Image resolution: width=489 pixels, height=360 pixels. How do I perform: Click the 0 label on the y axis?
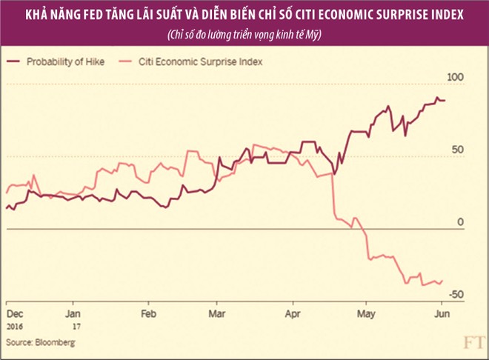pos(459,222)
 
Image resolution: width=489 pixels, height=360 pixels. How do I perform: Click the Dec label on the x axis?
pos(14,313)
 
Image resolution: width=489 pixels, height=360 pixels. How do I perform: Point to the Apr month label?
pos(294,313)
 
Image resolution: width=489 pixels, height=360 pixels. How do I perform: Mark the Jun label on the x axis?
pos(441,313)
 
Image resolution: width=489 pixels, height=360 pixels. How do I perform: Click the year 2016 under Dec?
pos(16,325)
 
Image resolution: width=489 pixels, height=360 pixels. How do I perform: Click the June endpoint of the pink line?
pos(442,280)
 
